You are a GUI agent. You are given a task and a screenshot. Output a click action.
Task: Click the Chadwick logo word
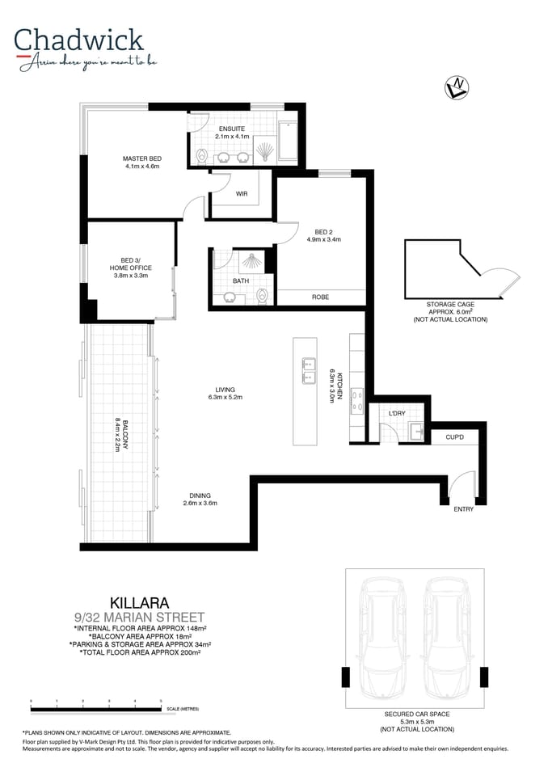click(78, 40)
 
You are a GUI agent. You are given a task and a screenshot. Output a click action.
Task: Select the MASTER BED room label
click(142, 159)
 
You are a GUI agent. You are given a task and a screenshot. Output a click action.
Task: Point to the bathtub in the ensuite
click(288, 144)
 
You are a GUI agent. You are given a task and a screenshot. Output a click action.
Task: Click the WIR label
click(242, 194)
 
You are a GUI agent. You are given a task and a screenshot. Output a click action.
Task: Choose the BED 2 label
click(324, 231)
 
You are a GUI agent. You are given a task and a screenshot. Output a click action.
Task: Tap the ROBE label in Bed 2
click(320, 297)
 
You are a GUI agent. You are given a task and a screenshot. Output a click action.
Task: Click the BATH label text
click(241, 281)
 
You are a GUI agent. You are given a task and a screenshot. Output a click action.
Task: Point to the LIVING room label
click(226, 389)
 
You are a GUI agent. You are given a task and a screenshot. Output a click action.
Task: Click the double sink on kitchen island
click(308, 371)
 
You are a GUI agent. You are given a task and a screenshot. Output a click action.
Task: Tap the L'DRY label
click(396, 413)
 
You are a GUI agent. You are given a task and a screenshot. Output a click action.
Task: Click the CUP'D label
click(455, 437)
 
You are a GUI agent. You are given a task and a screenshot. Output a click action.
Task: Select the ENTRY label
click(463, 509)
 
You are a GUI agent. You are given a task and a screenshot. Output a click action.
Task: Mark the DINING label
click(200, 496)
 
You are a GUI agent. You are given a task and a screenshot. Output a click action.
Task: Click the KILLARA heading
click(140, 602)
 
